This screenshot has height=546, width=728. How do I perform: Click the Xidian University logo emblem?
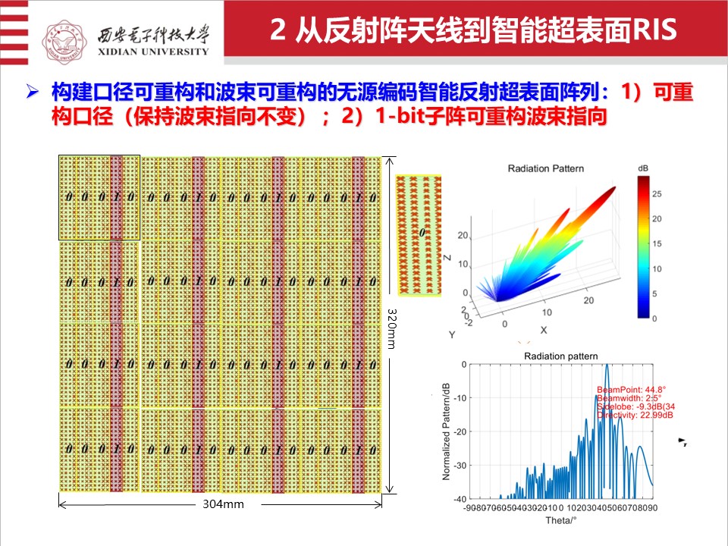click(67, 33)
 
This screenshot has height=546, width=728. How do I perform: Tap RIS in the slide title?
click(651, 32)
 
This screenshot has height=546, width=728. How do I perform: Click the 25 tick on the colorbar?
click(657, 194)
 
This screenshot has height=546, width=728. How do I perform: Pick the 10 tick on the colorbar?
click(657, 269)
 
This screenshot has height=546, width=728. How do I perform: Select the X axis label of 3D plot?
click(543, 330)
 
